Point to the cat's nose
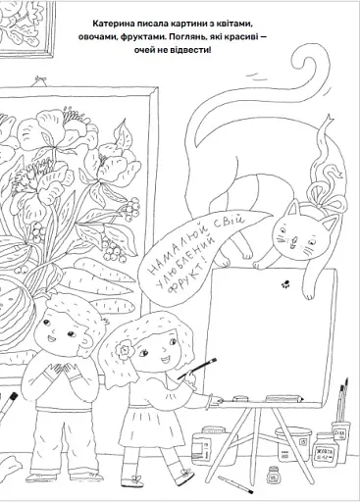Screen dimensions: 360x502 click(x=294, y=241)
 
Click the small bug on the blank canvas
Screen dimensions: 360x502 click(x=285, y=284)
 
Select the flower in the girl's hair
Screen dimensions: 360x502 click(x=124, y=349)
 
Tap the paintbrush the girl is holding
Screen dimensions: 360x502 click(x=197, y=369)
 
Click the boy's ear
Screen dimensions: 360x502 click(x=86, y=343)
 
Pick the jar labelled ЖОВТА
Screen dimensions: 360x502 click(x=325, y=450)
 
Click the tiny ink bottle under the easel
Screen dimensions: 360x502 click(x=272, y=475)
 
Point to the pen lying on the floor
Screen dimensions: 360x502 click(x=235, y=484)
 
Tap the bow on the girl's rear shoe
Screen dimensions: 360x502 click(x=185, y=473)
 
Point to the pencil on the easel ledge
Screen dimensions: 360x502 click(x=283, y=398)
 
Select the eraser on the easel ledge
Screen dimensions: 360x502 click(x=240, y=399)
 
